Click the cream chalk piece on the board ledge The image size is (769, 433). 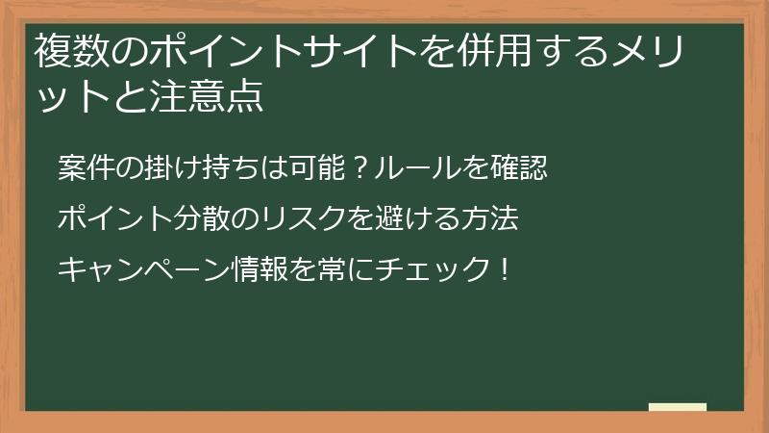pyautogui.click(x=678, y=407)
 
